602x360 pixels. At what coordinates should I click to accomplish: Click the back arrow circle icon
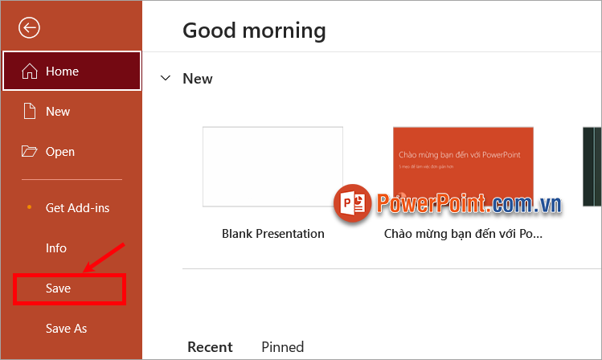30,28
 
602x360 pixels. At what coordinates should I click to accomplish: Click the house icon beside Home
30,72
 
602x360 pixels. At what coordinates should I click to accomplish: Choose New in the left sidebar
58,112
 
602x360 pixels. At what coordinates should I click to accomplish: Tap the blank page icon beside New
30,112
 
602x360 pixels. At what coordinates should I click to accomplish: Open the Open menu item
60,152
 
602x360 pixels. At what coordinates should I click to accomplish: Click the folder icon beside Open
30,152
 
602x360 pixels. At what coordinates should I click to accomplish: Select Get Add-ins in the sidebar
77,208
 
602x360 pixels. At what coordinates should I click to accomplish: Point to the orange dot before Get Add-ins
30,207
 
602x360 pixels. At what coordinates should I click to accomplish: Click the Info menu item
56,248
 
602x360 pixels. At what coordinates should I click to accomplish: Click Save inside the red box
59,288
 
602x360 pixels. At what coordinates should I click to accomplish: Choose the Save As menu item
67,329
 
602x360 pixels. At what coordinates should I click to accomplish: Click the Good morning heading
254,31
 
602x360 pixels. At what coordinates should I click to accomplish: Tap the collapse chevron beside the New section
166,78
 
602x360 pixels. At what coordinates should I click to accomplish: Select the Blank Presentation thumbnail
272,166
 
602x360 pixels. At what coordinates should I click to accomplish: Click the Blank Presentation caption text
273,234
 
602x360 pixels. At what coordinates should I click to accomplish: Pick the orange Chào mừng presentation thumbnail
463,166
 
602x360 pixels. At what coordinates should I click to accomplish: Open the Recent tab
210,347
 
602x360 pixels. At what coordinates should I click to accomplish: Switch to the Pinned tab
283,347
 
